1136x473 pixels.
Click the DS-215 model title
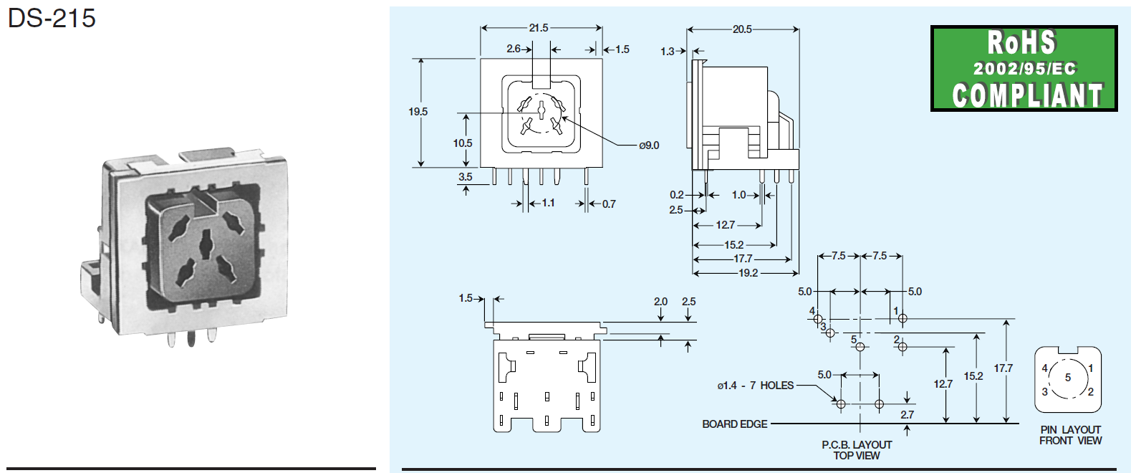(52, 18)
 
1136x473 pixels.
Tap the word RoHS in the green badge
(1021, 43)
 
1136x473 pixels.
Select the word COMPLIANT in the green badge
(1026, 95)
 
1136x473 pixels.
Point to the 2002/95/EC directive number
(1024, 69)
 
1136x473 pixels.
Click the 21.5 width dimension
(539, 28)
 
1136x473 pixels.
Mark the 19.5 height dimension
(418, 112)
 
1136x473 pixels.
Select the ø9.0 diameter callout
(649, 145)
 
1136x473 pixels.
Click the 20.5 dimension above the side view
(742, 29)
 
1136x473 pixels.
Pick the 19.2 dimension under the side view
(748, 273)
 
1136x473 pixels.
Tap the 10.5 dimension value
(463, 143)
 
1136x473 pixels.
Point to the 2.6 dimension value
(514, 49)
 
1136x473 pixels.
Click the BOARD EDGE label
(734, 424)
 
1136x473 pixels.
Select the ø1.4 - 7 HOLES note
(755, 386)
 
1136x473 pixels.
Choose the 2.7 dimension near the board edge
(907, 415)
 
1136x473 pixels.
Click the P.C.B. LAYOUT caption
(857, 444)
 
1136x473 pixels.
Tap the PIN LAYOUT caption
(1070, 430)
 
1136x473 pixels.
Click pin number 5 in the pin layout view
(1068, 378)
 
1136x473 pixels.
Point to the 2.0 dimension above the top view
(660, 302)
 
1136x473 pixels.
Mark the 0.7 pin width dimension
(609, 204)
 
